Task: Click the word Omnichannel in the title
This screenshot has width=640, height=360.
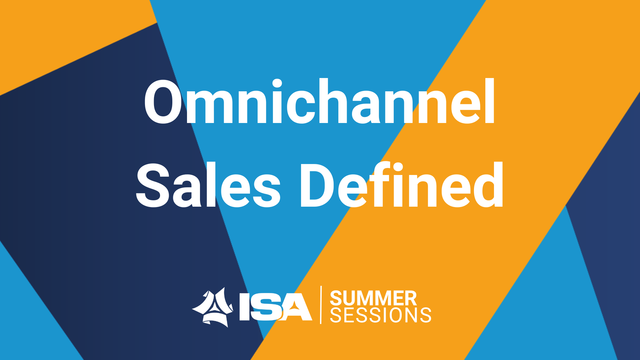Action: point(319,101)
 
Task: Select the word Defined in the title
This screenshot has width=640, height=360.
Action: point(402,184)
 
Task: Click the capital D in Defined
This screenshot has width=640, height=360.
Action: point(318,185)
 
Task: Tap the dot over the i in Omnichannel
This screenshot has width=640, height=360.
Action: point(277,83)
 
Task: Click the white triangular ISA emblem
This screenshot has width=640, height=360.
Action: point(213,307)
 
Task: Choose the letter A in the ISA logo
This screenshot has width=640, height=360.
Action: point(296,307)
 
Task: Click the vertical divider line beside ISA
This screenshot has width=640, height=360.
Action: point(321,305)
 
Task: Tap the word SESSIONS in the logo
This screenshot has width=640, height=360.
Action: point(381,315)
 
